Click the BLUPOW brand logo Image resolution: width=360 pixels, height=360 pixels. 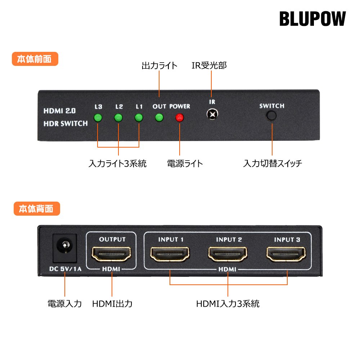point(312,19)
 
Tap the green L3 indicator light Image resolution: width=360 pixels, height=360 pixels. point(98,118)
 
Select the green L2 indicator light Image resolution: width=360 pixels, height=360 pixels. point(118,118)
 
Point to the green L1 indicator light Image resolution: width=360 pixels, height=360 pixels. point(139,118)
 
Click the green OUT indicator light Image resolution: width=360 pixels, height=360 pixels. point(159,118)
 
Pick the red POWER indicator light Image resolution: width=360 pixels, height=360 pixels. point(179,118)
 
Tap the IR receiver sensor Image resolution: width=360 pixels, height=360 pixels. point(212,115)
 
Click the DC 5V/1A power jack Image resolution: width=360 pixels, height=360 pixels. point(65,247)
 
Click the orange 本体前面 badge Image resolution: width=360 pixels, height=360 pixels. point(35,59)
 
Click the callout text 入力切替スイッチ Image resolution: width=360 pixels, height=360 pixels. point(273,163)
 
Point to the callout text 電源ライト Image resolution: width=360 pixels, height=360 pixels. point(185,163)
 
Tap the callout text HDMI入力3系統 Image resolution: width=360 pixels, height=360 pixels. point(228,303)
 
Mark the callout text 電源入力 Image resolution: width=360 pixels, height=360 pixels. point(65,303)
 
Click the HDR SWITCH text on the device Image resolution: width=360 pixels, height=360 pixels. point(65,123)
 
